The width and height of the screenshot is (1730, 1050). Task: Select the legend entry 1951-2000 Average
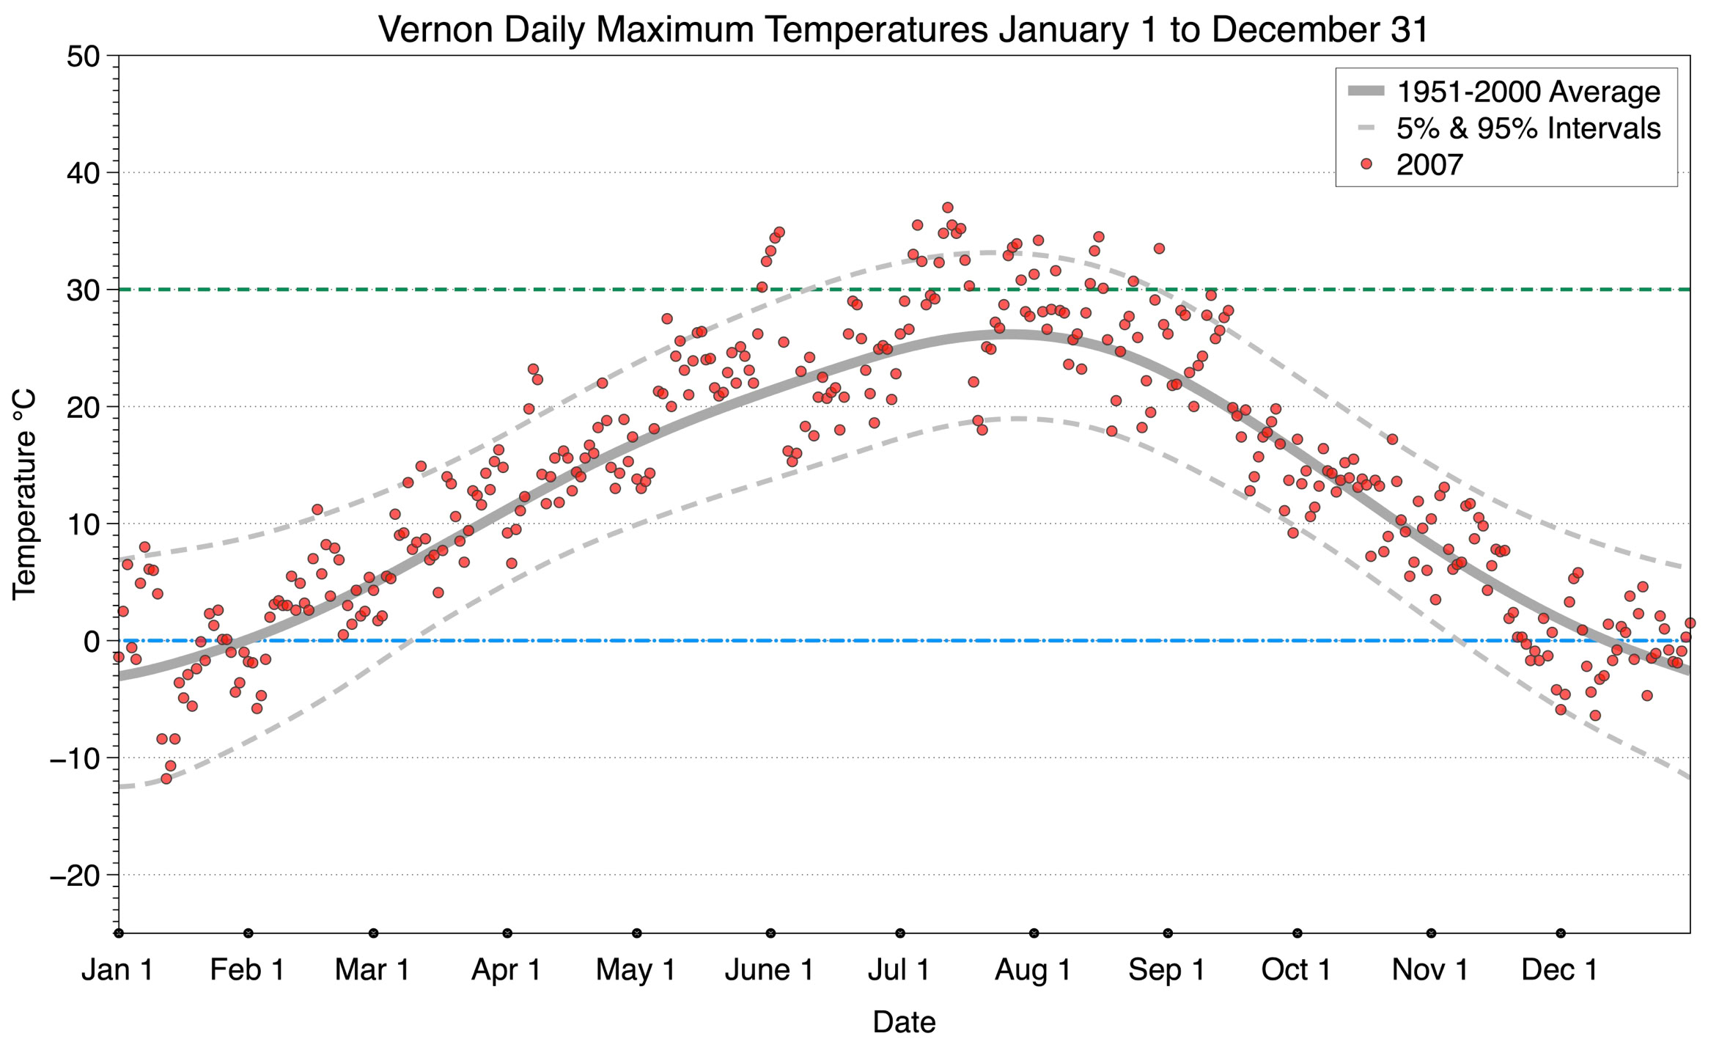(1528, 92)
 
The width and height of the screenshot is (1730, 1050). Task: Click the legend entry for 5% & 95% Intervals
(1528, 128)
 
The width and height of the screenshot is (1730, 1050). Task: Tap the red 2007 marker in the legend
(1366, 164)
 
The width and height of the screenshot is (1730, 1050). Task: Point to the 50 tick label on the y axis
(83, 56)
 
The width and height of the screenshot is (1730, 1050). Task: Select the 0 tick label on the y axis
(92, 642)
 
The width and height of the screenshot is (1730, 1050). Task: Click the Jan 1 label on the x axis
(117, 969)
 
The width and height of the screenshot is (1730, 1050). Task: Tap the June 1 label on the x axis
(769, 969)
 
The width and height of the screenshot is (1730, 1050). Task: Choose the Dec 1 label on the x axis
(1559, 969)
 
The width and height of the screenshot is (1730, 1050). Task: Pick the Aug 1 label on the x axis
(1033, 969)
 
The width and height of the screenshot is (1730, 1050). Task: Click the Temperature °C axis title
(24, 494)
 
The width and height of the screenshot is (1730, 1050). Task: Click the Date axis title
(904, 1022)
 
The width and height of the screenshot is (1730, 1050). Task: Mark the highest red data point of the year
(947, 208)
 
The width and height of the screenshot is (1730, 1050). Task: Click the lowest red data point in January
(166, 778)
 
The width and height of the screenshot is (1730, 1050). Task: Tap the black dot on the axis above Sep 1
(1168, 933)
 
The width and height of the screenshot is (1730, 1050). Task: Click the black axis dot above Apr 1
(507, 933)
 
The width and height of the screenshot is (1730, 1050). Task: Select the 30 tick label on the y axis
(83, 290)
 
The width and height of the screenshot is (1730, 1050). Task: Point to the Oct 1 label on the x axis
(1296, 969)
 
